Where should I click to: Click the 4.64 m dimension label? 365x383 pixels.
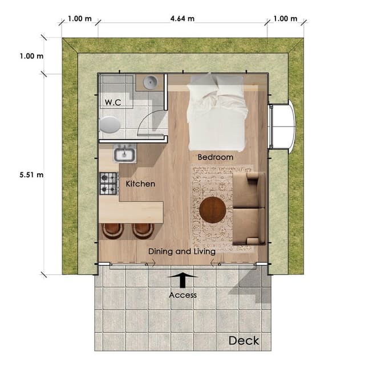point(182,19)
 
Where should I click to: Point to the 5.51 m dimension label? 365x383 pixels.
point(31,174)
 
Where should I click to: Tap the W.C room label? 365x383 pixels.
point(113,102)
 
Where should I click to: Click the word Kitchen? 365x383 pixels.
point(140,184)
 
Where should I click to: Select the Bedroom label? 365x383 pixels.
point(216,157)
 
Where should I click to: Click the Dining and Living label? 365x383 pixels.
point(182,251)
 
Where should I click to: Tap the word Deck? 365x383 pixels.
point(244,341)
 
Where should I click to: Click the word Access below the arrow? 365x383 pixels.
point(182,295)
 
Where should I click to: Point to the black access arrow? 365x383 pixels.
point(182,280)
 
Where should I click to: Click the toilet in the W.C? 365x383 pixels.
point(109,125)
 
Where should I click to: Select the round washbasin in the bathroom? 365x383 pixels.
point(150,82)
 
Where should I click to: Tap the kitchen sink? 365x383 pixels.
point(125,154)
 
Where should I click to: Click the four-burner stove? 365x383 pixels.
point(109,184)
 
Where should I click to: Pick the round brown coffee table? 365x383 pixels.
point(213,210)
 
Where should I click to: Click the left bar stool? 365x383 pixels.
point(113,231)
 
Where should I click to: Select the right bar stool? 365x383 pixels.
point(143,231)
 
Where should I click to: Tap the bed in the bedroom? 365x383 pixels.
point(217,112)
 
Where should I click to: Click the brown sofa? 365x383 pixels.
point(249,209)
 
